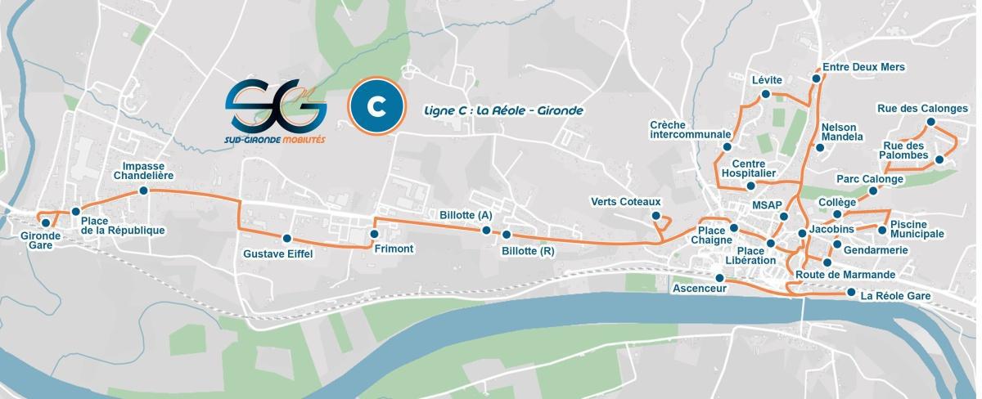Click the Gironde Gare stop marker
pyautogui.click(x=45, y=222)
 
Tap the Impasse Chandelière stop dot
pyautogui.click(x=144, y=191)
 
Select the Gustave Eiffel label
pyautogui.click(x=278, y=253)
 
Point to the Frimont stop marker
pyautogui.click(x=374, y=235)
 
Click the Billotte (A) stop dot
pyautogui.click(x=486, y=231)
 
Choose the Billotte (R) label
pyautogui.click(x=529, y=252)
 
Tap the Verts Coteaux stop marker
pyautogui.click(x=656, y=216)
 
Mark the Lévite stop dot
pyautogui.click(x=766, y=95)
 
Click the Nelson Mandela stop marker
pyautogui.click(x=820, y=148)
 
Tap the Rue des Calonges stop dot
pyautogui.click(x=930, y=123)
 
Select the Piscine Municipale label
pyautogui.click(x=917, y=229)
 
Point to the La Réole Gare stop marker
pyautogui.click(x=852, y=293)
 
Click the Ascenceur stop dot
pyautogui.click(x=719, y=278)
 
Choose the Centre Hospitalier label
pyautogui.click(x=749, y=168)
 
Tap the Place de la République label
pyautogui.click(x=123, y=226)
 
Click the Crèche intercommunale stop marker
pyautogui.click(x=725, y=147)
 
